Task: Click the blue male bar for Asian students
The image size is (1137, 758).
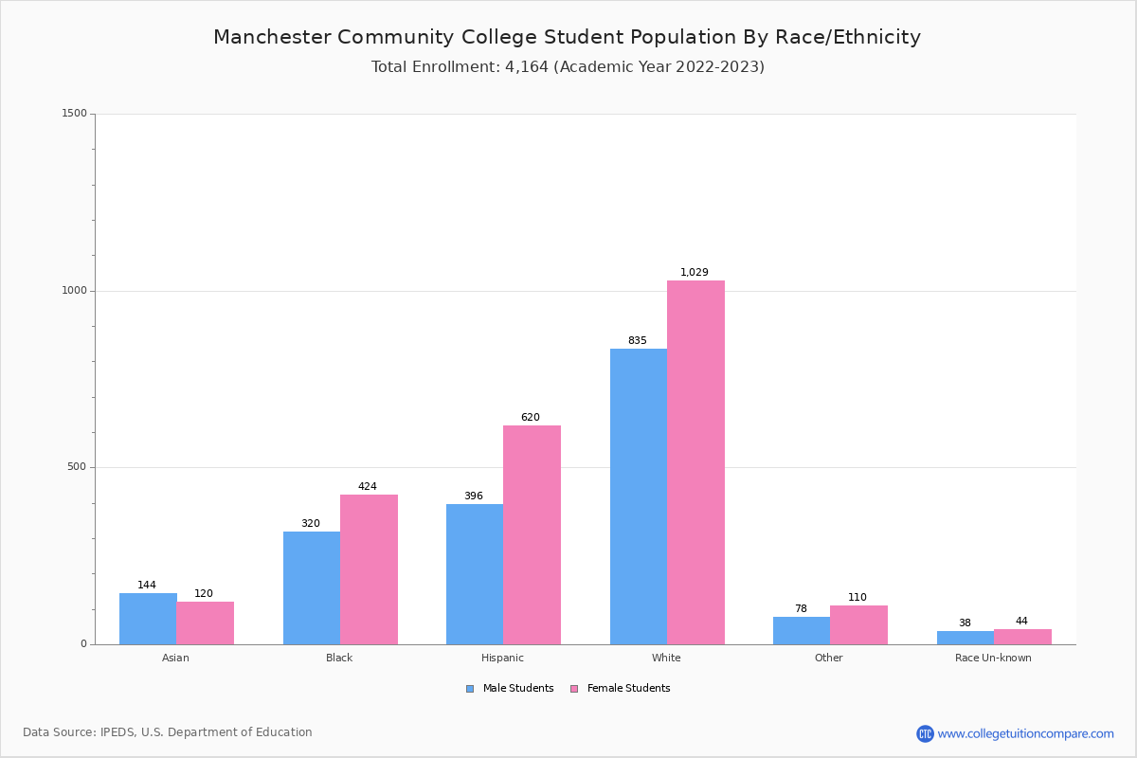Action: point(148,619)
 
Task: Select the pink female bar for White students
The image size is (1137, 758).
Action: point(695,462)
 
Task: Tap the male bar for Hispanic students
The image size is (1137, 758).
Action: point(475,574)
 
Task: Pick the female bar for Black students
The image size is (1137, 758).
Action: point(369,569)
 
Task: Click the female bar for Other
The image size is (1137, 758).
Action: point(858,625)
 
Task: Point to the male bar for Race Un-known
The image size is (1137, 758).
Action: point(966,638)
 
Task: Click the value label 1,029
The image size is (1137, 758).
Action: point(695,273)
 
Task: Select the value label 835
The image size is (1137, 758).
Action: point(638,341)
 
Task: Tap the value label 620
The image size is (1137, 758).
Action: point(531,418)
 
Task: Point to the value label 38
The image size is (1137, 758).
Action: point(965,623)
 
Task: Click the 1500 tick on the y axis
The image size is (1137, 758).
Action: point(74,114)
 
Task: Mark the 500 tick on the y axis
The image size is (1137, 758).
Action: point(77,467)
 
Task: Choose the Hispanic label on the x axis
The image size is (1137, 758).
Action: point(502,658)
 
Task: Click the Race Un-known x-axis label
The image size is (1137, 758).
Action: point(993,658)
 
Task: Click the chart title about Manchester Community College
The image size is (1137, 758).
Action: point(567,38)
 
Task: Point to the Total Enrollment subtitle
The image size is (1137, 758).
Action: point(568,67)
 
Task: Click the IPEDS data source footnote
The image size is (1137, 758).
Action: point(168,732)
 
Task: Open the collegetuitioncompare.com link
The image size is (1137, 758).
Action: point(1024,733)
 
